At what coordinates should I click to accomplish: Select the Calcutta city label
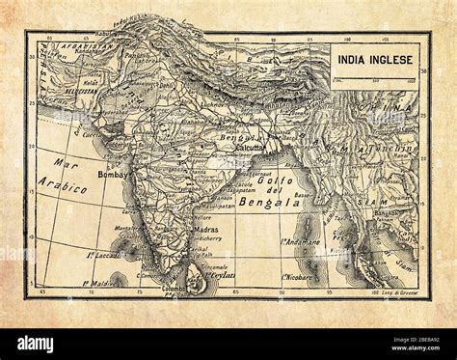(250, 160)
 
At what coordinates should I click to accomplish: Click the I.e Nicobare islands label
(302, 278)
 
